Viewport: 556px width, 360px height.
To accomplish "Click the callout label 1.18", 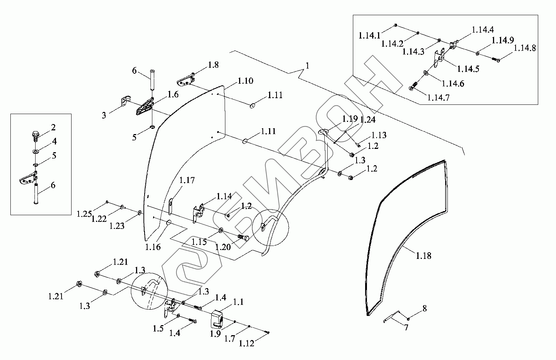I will tap(423, 256).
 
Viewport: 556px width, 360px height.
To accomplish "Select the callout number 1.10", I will tap(245, 80).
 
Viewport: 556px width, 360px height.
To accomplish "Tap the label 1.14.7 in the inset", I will tap(438, 97).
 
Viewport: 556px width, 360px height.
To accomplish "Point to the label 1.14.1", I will tap(369, 36).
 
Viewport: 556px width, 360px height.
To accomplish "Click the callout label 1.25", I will tap(84, 214).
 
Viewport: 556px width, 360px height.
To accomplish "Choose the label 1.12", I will tap(246, 343).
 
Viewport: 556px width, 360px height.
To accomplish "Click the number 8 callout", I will tap(424, 308).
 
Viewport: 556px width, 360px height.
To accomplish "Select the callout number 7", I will tap(406, 327).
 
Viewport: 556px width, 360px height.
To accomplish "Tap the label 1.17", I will tap(187, 180).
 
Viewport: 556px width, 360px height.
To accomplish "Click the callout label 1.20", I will tap(223, 247).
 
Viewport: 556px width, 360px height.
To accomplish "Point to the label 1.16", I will tap(153, 247).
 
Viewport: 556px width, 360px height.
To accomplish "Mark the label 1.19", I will tap(350, 119).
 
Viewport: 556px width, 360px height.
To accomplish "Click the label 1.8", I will tap(213, 65).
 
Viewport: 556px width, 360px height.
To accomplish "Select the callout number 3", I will tap(104, 116).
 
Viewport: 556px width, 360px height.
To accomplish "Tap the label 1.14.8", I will tap(524, 48).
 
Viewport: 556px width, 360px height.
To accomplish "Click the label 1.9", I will tap(215, 334).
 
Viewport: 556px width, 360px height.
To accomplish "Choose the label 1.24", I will tap(367, 120).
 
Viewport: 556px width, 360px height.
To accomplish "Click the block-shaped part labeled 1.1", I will tap(217, 319).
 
